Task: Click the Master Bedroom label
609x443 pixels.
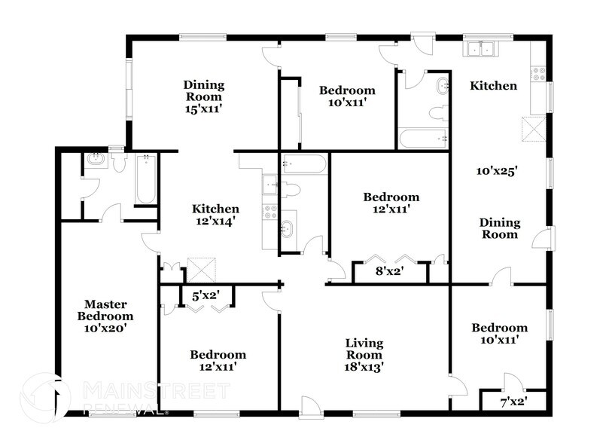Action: [x=109, y=316]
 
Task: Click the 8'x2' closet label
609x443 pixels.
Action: [x=390, y=271]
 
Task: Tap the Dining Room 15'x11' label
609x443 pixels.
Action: [x=203, y=96]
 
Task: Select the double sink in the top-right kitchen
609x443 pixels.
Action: [x=480, y=50]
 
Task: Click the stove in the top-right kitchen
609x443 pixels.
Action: [x=538, y=74]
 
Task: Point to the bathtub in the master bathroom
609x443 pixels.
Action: [x=145, y=179]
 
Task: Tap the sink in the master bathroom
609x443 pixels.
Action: [x=96, y=160]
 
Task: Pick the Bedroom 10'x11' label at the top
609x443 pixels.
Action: [x=347, y=96]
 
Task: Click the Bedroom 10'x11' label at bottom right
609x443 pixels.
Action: [x=500, y=334]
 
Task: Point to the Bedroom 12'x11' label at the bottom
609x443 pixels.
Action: [x=218, y=361]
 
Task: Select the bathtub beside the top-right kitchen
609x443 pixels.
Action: [x=423, y=139]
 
